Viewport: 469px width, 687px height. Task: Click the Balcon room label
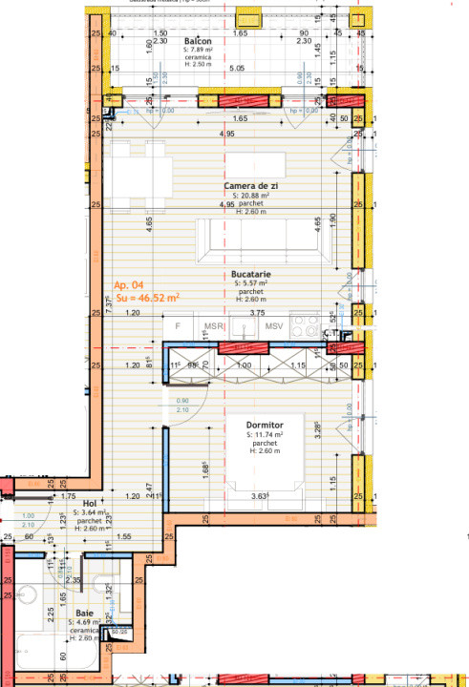[x=197, y=42]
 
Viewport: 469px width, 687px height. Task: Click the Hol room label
[x=90, y=502]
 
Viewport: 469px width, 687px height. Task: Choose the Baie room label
[x=84, y=613]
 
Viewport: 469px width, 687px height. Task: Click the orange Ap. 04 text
[x=129, y=285]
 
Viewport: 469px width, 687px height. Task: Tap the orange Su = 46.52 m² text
[x=147, y=298]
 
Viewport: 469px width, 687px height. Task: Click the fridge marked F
[x=178, y=327]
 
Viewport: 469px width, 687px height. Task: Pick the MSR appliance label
[x=214, y=327]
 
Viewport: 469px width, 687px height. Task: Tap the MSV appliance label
[x=275, y=327]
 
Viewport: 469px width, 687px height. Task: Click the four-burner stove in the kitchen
[x=309, y=326]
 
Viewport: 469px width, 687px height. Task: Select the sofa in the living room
[x=265, y=241]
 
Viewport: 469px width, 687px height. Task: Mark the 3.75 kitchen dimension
[x=257, y=312]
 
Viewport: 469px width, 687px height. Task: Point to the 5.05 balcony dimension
[x=237, y=69]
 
